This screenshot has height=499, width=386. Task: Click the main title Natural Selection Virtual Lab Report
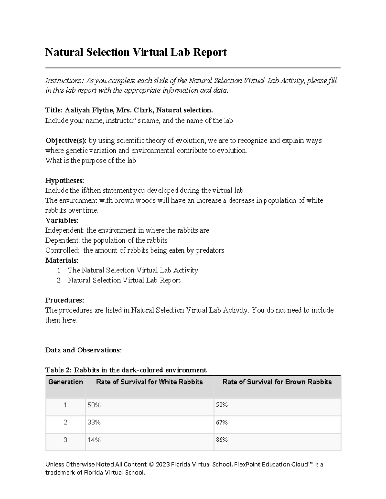coord(136,52)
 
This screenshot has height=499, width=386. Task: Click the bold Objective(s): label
coord(66,141)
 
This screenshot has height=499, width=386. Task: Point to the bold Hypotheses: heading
coord(64,181)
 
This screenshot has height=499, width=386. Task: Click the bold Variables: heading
coord(61,220)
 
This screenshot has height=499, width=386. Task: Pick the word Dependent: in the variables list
coord(63,240)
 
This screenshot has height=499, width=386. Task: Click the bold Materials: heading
coord(61,260)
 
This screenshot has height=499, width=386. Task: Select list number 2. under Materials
coord(59,280)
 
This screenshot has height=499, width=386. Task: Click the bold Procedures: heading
coord(64,300)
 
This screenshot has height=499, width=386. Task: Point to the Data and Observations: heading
coord(83,350)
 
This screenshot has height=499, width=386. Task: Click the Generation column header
coord(65,382)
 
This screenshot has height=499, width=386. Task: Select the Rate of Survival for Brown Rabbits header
coord(277,382)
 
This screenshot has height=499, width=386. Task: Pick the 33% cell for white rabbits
coord(94,423)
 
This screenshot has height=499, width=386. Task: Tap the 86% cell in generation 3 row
coord(222,440)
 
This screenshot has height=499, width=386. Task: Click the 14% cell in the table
coord(94,440)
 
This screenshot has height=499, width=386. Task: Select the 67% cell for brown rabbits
coord(222,423)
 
